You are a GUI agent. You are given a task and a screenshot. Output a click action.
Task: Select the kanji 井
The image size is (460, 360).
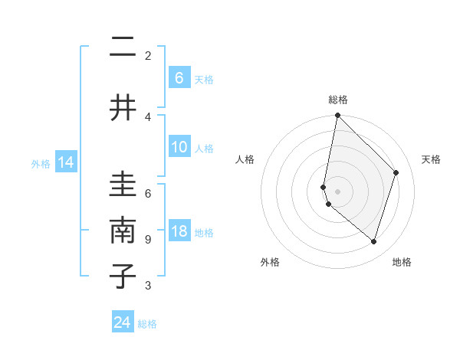(123, 107)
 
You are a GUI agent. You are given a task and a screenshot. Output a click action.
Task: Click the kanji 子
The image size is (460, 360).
(123, 276)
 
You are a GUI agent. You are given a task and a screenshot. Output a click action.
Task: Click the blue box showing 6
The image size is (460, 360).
(179, 78)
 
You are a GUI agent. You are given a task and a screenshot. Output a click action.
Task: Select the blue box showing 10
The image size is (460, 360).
(179, 148)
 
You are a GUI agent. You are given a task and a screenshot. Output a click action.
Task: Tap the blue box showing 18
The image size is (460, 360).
(179, 232)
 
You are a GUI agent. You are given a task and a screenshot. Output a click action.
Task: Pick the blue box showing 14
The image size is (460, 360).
(66, 162)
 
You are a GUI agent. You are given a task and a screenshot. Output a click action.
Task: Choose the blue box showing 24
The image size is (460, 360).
(123, 322)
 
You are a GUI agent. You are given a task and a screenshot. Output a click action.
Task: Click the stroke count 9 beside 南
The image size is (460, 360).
(147, 240)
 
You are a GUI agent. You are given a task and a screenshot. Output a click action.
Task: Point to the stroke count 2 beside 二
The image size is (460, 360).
(147, 55)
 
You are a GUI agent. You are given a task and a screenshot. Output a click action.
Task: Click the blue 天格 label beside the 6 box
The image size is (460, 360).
(203, 79)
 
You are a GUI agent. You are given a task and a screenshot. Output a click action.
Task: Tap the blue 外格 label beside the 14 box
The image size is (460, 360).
(41, 163)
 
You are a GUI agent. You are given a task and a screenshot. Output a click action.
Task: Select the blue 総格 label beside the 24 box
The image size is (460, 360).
(147, 324)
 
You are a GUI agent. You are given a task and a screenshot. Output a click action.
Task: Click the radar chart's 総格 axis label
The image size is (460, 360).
(338, 100)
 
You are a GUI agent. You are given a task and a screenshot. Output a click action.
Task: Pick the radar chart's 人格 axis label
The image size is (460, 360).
(245, 159)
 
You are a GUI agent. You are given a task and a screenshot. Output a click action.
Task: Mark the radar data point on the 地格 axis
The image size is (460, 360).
(373, 241)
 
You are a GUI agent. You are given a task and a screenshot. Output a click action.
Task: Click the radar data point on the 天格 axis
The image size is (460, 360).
(396, 172)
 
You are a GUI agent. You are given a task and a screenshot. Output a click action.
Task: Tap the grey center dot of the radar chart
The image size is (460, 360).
(337, 191)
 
